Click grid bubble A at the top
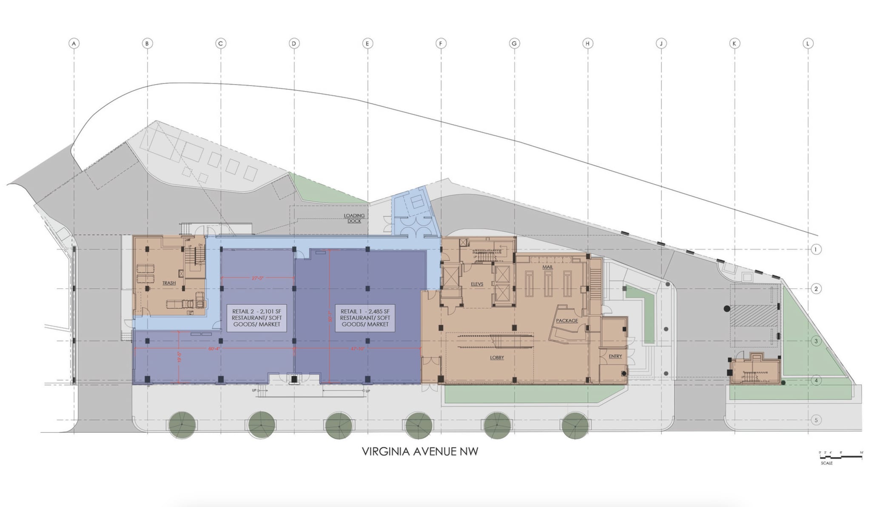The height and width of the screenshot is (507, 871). coord(74,43)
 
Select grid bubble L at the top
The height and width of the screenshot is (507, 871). coord(808,43)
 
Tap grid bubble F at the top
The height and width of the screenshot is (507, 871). coord(441,43)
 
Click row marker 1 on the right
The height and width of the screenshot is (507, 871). coord(816,250)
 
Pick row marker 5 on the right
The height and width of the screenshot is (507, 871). coord(816,420)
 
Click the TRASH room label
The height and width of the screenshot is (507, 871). coord(169,283)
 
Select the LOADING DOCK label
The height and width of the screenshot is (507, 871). coord(354,218)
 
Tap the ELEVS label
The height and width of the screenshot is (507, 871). coord(477,284)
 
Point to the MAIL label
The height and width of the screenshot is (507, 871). coord(547,267)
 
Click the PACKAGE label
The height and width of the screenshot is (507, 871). coord(567,321)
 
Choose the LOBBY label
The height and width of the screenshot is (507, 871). coord(497,358)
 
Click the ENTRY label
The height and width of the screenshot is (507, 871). coord(615,356)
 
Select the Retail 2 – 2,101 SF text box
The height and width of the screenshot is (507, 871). coord(256,318)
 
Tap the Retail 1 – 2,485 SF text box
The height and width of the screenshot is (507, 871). coord(365,318)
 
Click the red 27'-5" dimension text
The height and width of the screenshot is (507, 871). coord(258,278)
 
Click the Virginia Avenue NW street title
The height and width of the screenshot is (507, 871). coord(420,452)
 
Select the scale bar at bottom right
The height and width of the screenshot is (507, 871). coord(840,457)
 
